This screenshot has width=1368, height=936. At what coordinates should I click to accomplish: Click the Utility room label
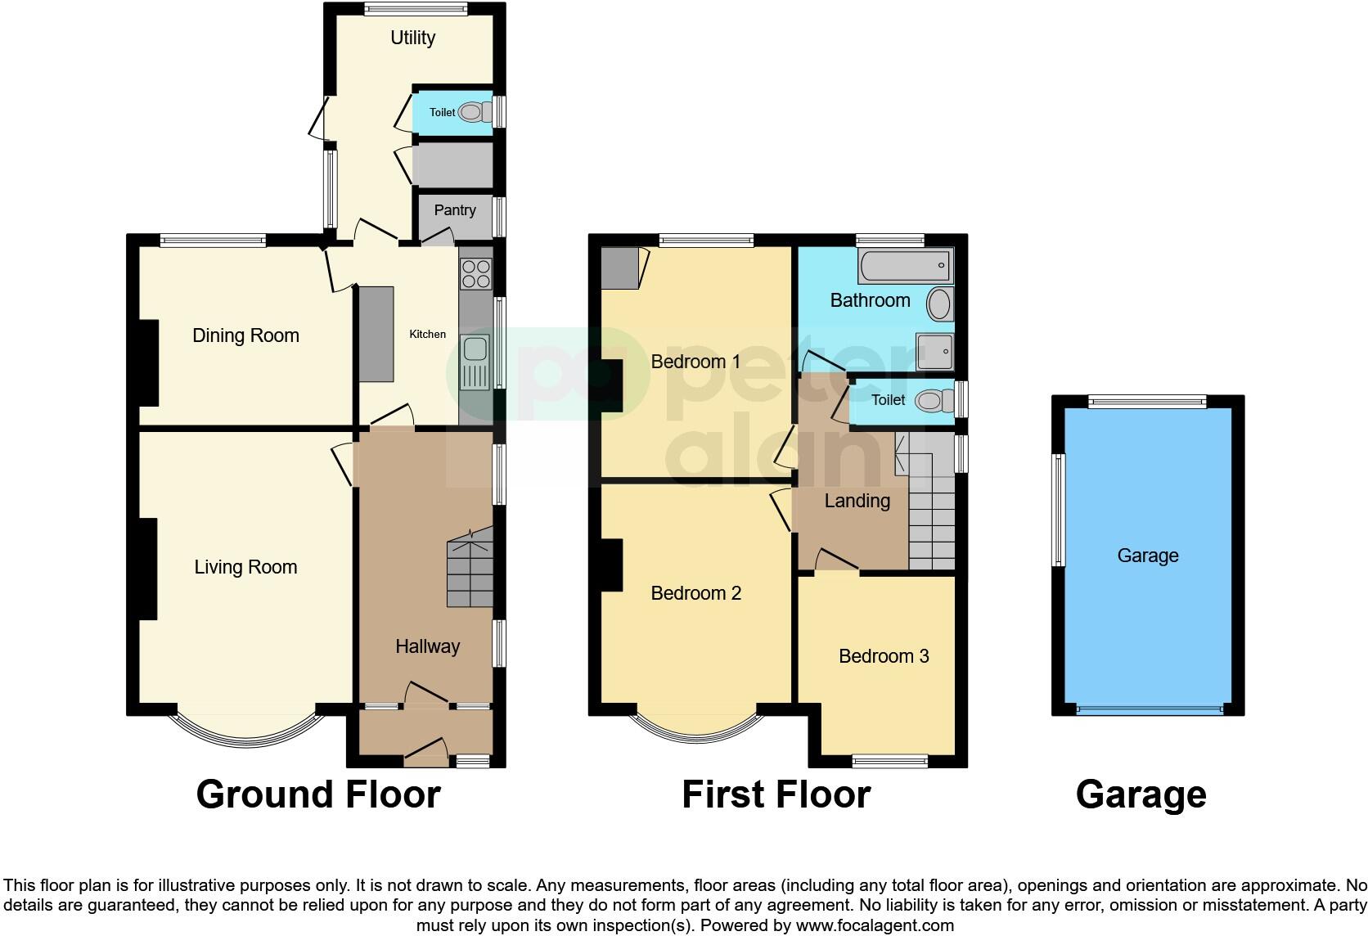tap(412, 38)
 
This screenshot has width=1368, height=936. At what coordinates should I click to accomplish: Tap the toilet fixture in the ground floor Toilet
tap(471, 112)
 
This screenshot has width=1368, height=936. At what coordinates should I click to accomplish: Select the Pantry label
tap(455, 210)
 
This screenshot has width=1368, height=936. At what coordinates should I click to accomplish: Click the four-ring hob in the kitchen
tap(475, 273)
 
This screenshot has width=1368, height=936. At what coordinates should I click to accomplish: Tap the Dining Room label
tap(245, 335)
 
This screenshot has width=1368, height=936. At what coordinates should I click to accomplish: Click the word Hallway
tap(427, 646)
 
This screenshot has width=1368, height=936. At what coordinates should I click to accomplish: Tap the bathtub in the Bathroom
tap(905, 266)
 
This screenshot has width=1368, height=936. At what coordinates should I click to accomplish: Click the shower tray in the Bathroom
tap(934, 352)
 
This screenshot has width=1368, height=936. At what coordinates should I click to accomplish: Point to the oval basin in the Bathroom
tap(940, 304)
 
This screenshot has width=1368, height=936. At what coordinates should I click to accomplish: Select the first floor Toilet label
tap(888, 400)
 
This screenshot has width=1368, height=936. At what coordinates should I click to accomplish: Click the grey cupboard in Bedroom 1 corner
tap(619, 268)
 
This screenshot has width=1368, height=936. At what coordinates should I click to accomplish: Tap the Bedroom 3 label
tap(884, 656)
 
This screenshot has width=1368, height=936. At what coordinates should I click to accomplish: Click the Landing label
tap(857, 501)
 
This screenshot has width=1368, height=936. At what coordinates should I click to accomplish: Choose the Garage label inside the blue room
tap(1147, 556)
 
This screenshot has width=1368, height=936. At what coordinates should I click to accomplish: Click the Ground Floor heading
tap(318, 794)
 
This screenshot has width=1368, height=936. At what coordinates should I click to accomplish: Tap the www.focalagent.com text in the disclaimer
tap(874, 925)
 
